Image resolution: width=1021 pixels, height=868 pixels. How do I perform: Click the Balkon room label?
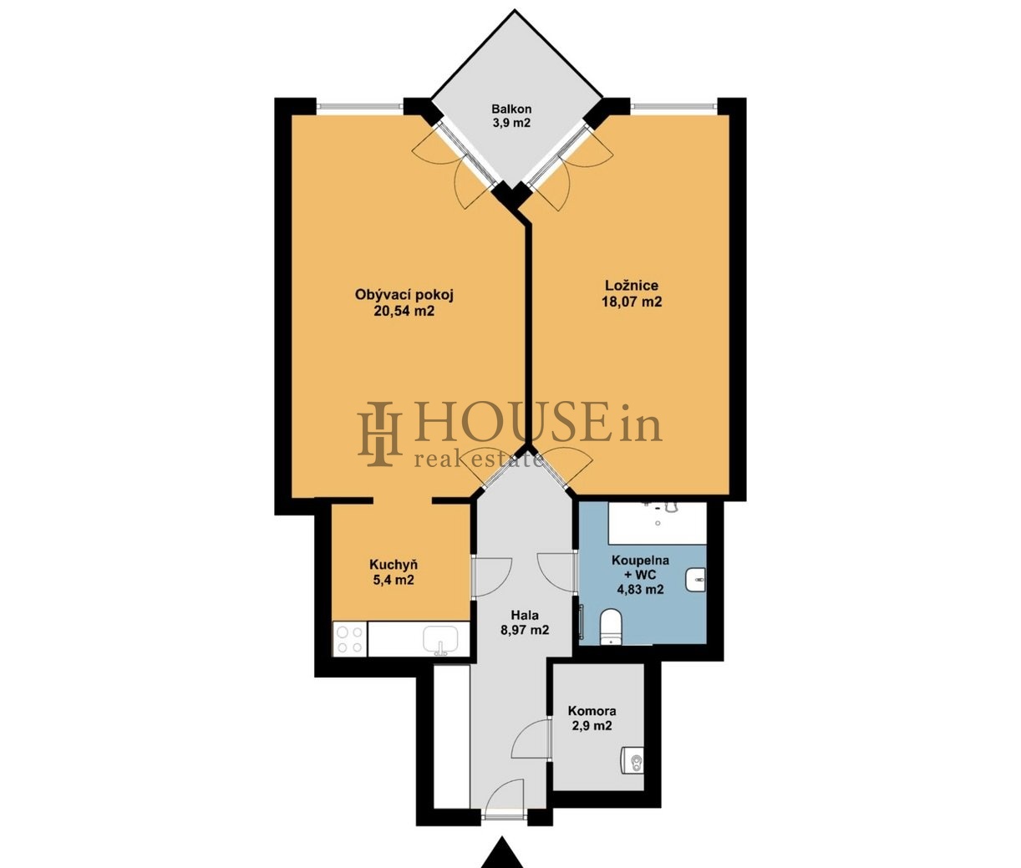click(x=510, y=109)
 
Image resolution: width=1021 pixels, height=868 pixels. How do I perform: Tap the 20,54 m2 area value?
click(x=404, y=311)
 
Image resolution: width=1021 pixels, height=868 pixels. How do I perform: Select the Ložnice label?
click(x=632, y=286)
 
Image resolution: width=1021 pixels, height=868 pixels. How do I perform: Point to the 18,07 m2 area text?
click(x=632, y=302)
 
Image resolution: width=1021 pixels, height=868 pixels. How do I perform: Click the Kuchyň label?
click(x=394, y=564)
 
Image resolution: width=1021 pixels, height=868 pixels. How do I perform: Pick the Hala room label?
click(x=525, y=616)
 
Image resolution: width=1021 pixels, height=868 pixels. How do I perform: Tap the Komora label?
click(x=592, y=711)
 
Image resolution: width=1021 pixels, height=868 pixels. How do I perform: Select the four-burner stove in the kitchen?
click(x=350, y=639)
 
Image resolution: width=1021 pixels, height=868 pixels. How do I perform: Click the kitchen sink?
click(x=440, y=640)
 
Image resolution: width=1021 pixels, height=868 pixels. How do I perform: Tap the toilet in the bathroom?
click(x=612, y=627)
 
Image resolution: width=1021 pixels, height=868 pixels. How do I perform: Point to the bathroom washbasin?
click(x=695, y=580)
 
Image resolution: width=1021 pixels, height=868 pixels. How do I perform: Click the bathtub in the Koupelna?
click(x=657, y=523)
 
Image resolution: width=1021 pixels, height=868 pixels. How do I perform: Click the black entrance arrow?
click(x=502, y=852)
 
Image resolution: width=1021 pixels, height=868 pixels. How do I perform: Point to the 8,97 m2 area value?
click(x=524, y=631)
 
